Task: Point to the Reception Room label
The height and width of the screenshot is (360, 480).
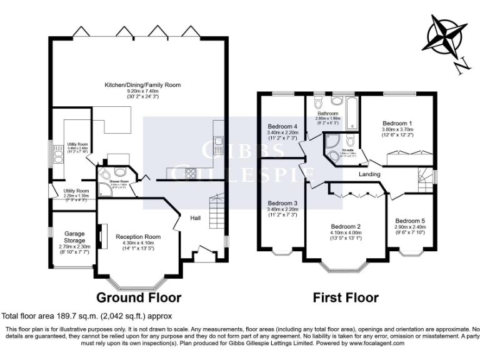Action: [x=138, y=237]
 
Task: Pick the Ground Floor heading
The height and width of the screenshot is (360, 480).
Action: [x=138, y=297]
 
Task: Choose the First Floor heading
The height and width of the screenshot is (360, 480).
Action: [x=346, y=297]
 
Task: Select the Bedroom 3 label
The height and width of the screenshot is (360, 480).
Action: [x=282, y=204]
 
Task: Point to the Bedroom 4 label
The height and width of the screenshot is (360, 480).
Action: [x=282, y=126]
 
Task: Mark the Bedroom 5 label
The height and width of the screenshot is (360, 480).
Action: [x=409, y=221]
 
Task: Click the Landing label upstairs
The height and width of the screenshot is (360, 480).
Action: [x=370, y=174]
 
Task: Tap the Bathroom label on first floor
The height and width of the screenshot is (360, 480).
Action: [x=328, y=113]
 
